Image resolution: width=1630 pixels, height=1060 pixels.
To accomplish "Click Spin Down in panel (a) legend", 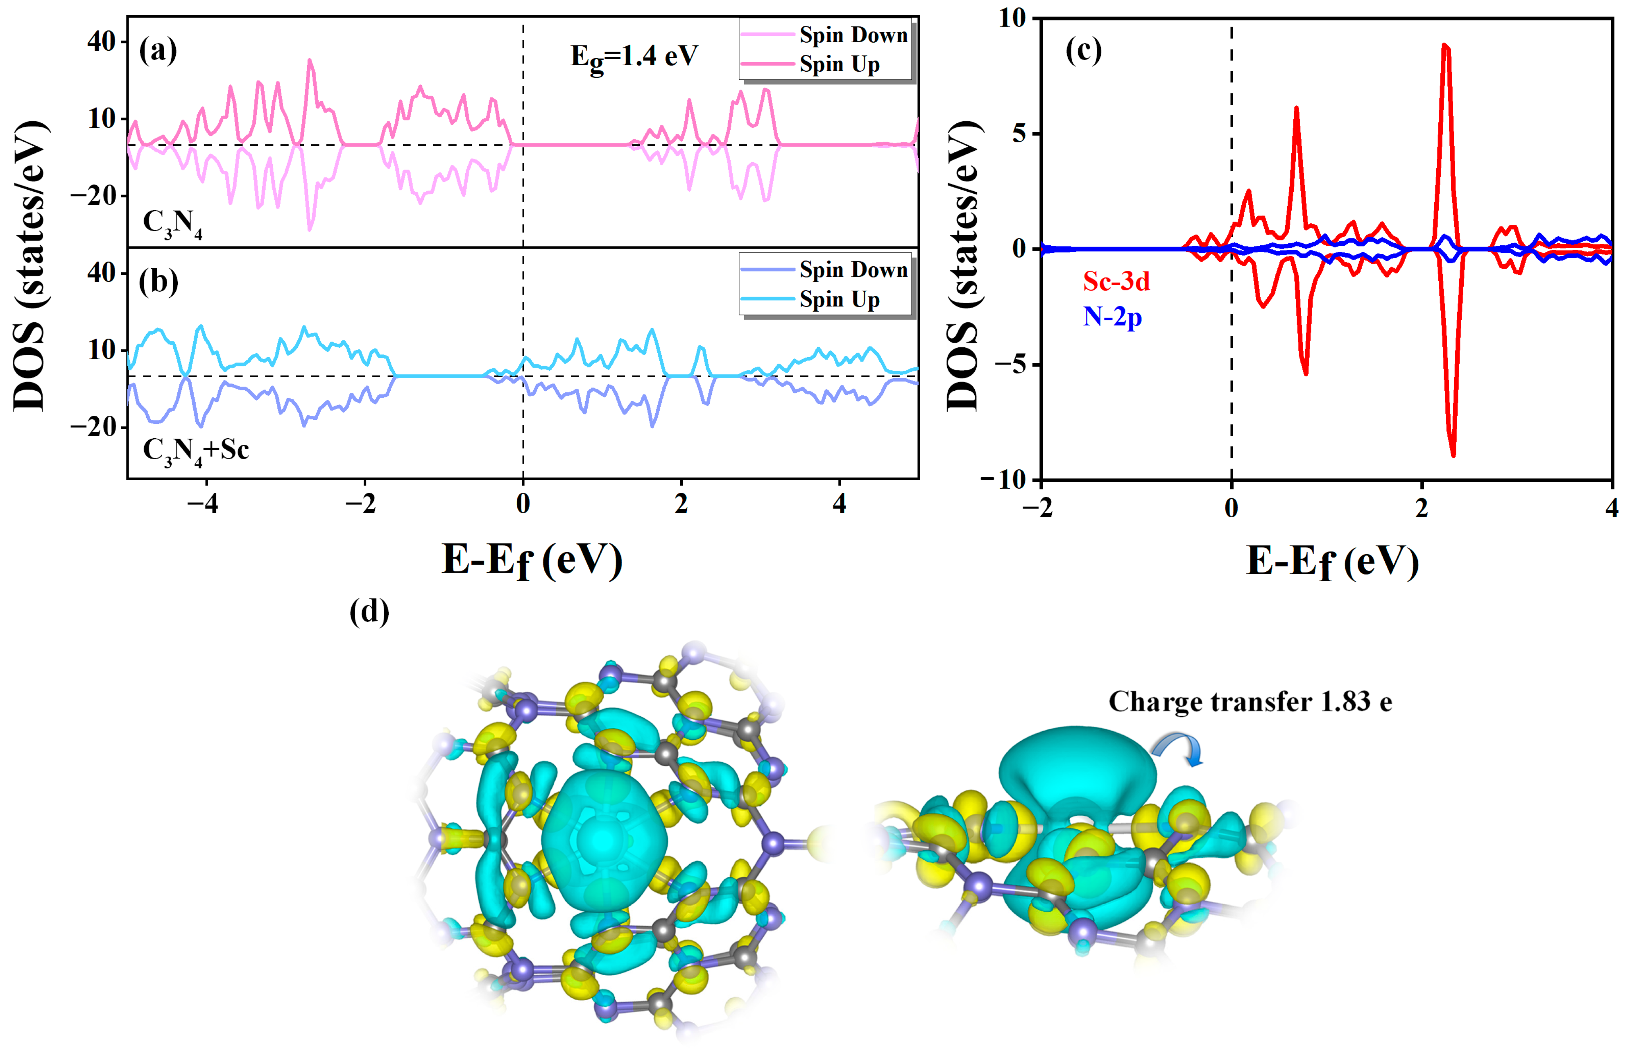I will pyautogui.click(x=853, y=34).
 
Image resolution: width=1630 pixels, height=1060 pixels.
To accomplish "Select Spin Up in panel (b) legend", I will pyautogui.click(x=839, y=299).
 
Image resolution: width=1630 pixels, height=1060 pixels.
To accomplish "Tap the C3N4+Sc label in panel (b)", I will pyautogui.click(x=195, y=451).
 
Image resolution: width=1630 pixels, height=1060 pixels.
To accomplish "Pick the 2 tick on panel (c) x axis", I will pyautogui.click(x=1422, y=508).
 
